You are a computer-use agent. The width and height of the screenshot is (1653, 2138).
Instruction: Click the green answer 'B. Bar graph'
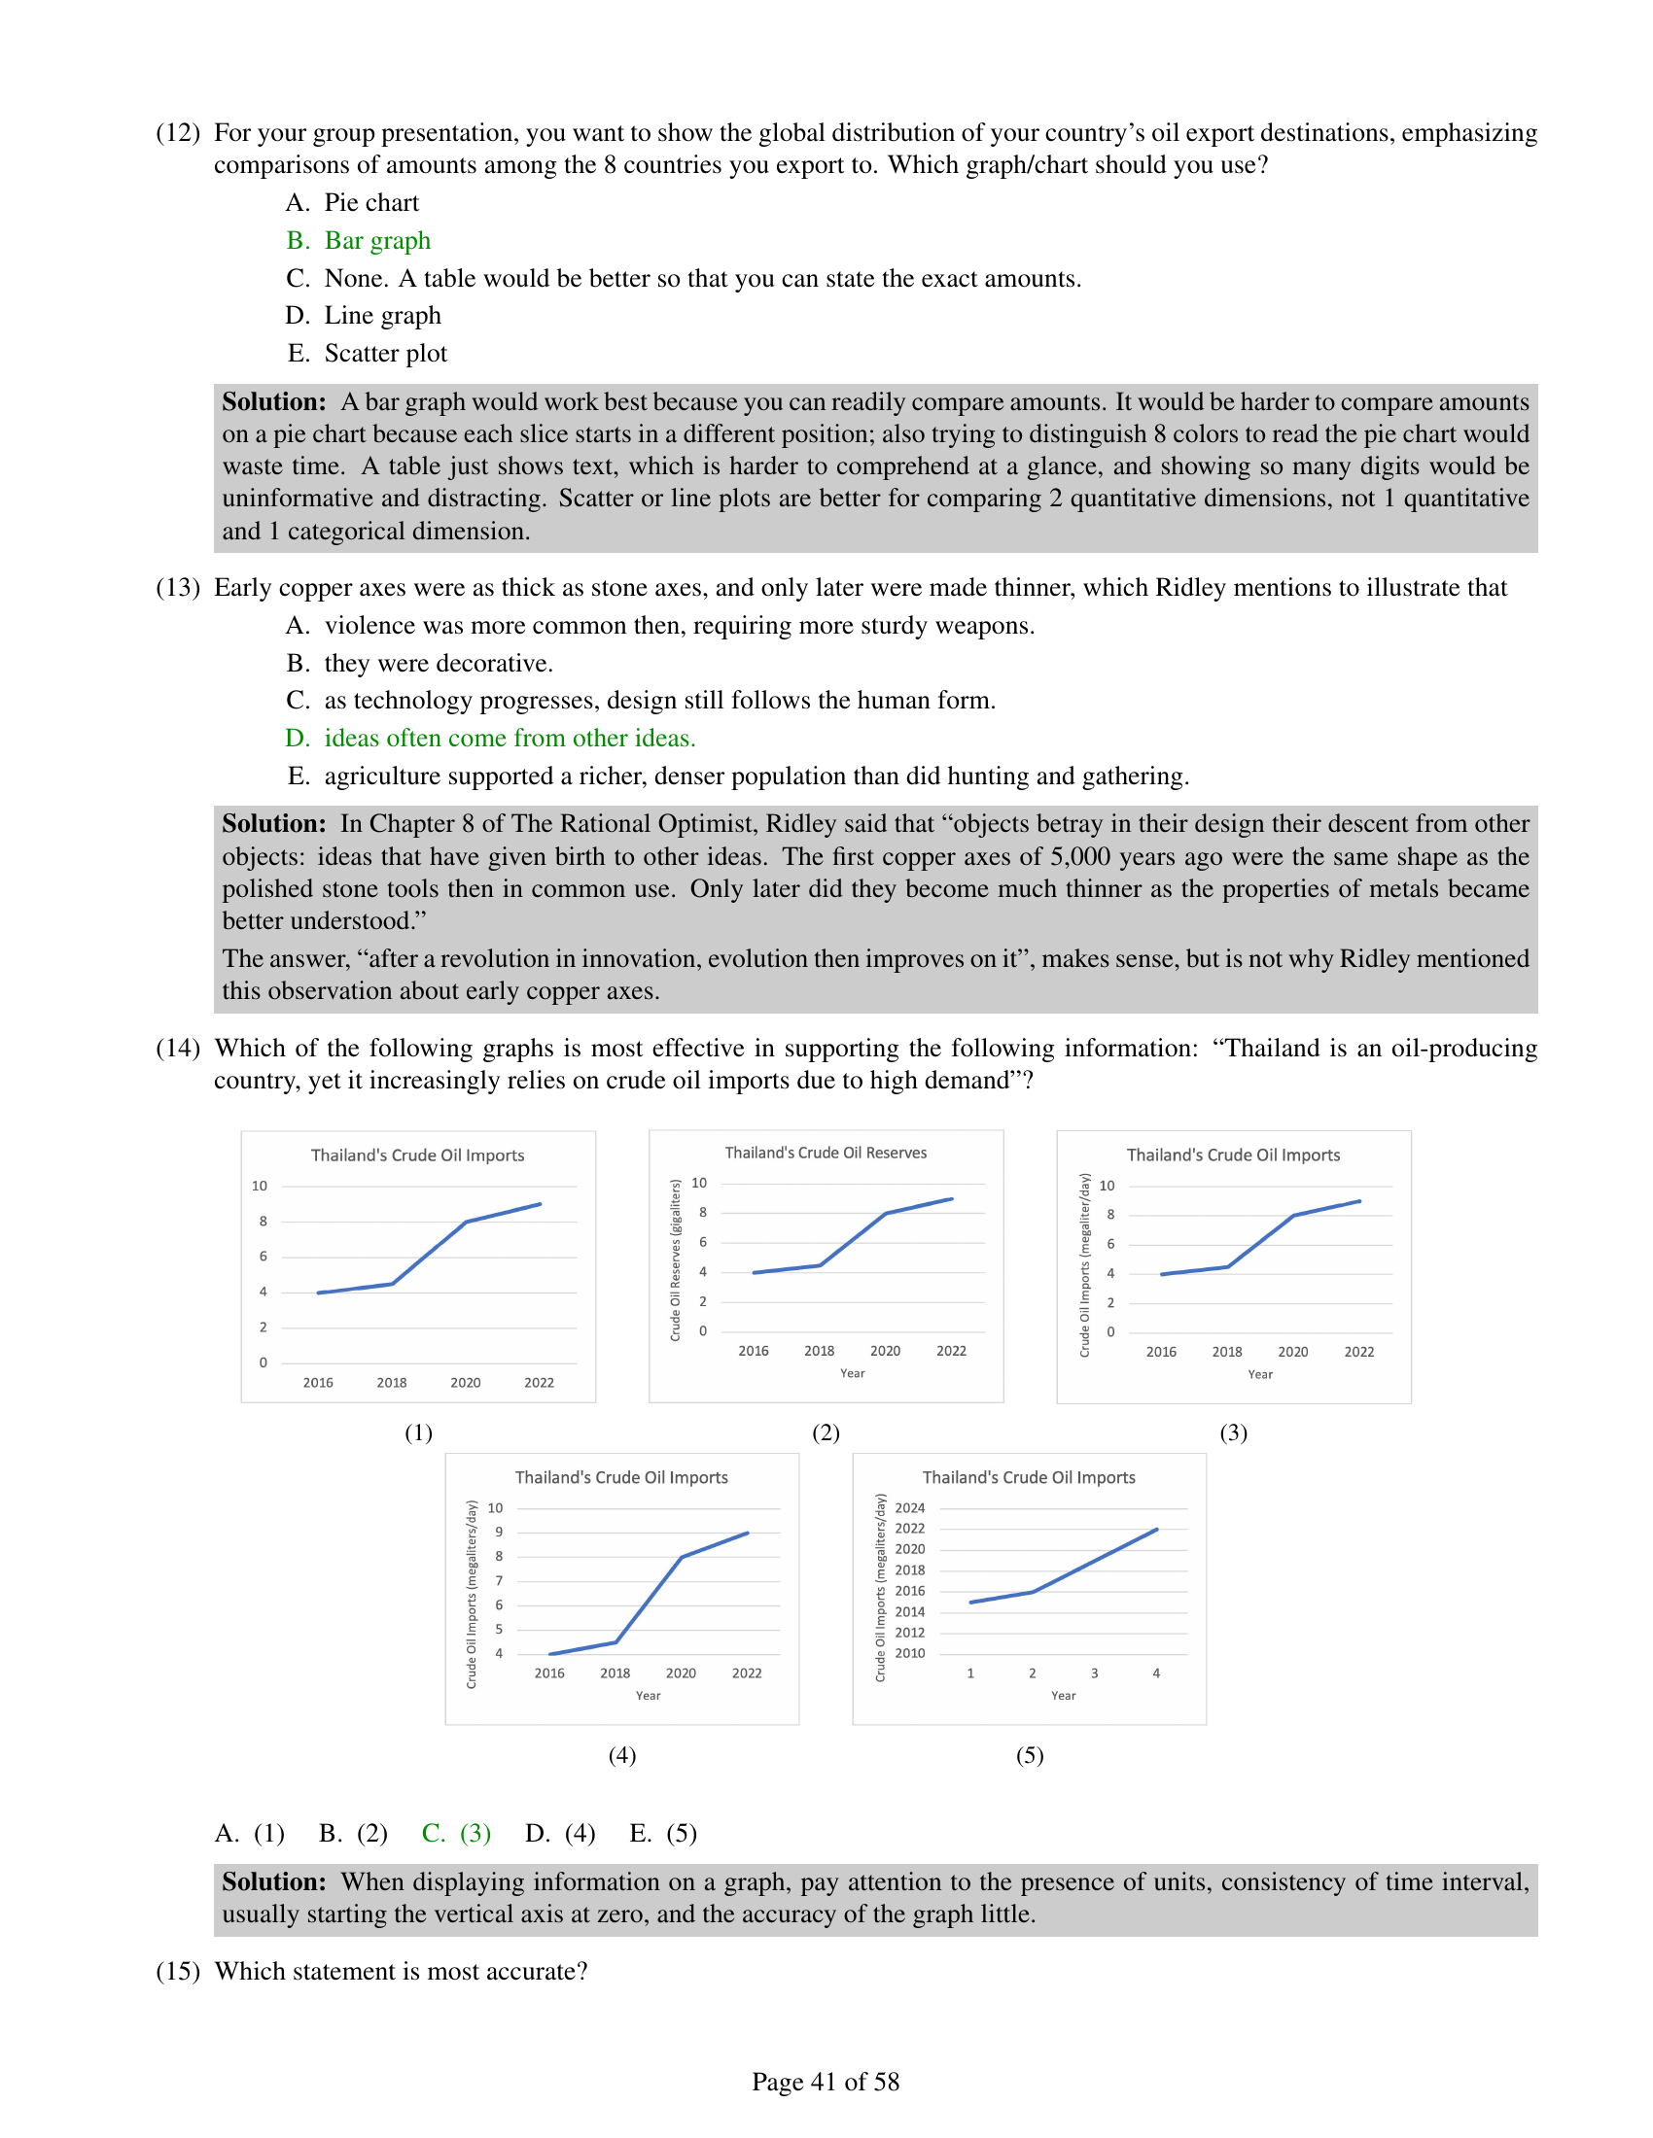(x=359, y=241)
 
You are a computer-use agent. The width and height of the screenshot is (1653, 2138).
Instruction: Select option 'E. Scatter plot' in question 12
(x=368, y=354)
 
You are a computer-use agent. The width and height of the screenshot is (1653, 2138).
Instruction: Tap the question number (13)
(x=177, y=587)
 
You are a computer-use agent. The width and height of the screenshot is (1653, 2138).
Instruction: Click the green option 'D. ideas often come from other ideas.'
(x=491, y=739)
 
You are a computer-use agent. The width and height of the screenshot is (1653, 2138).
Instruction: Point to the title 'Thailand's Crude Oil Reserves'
(x=826, y=1154)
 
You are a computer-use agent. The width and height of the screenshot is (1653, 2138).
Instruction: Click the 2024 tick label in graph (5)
(x=910, y=1508)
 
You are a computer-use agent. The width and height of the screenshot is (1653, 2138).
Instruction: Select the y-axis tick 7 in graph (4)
(x=500, y=1581)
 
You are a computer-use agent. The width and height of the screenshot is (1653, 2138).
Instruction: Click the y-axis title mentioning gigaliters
(x=675, y=1260)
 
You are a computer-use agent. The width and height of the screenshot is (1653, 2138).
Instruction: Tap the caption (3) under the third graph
(x=1233, y=1433)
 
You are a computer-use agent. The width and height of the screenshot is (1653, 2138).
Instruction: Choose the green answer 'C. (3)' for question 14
(x=456, y=1834)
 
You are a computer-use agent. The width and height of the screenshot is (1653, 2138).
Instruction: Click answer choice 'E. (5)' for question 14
(x=663, y=1834)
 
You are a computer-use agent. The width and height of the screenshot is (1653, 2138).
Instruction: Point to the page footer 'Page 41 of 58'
(x=826, y=2083)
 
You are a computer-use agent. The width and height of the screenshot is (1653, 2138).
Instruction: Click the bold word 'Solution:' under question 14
(x=274, y=1882)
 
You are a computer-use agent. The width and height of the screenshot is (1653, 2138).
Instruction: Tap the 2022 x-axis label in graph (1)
(x=539, y=1383)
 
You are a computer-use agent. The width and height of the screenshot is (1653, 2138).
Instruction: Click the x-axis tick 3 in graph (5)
(x=1094, y=1674)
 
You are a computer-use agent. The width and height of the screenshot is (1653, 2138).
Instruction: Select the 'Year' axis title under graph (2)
(x=852, y=1373)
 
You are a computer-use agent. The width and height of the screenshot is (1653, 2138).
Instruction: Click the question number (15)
(x=177, y=1972)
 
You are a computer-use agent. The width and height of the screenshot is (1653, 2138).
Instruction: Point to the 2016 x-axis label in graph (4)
(x=549, y=1674)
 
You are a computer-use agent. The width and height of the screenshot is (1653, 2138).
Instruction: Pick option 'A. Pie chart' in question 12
(x=353, y=204)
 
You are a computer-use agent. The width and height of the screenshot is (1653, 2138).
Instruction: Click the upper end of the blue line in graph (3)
(x=1359, y=1201)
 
